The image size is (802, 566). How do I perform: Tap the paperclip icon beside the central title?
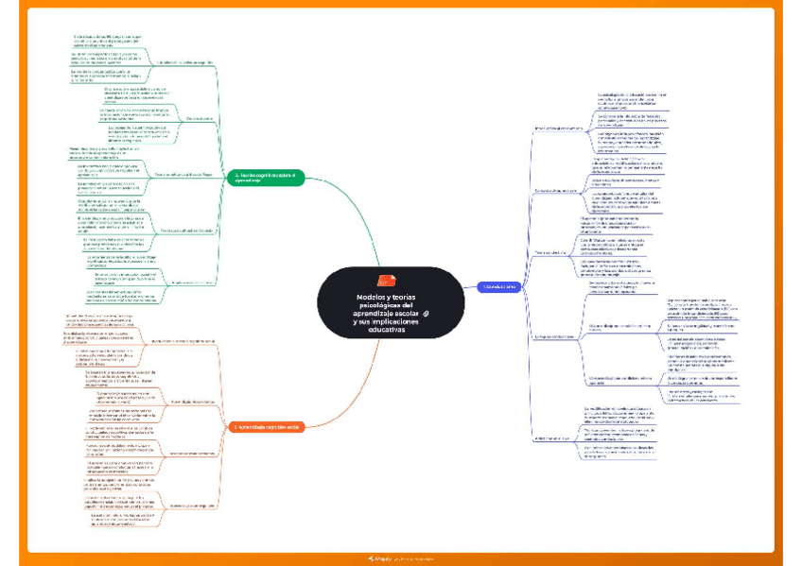coord(427,314)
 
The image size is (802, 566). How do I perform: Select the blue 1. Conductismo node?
coord(498,285)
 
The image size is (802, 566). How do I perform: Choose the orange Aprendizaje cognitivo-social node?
coord(267,427)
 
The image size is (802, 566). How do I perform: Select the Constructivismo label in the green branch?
coord(200,118)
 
